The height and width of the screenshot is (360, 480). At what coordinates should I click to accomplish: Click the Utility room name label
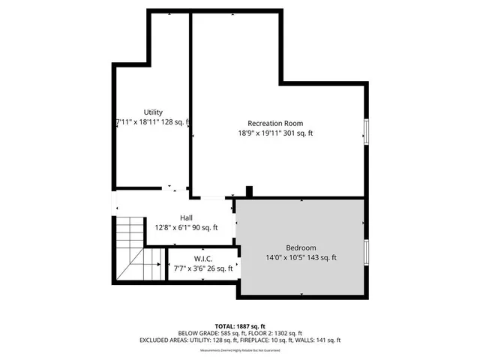click(153, 112)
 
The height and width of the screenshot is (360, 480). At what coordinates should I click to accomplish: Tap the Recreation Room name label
click(275, 123)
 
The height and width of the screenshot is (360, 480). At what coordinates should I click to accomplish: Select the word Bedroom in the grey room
click(301, 248)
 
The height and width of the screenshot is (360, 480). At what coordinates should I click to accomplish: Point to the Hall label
click(186, 218)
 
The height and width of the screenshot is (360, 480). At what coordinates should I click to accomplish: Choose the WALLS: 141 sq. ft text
click(328, 340)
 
